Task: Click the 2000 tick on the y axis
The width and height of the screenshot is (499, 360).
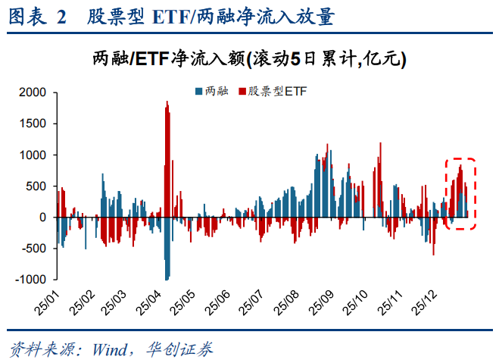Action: coord(33,92)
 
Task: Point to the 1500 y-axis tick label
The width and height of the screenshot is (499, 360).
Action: coord(33,124)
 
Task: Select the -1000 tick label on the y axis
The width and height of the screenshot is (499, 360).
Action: coord(32,280)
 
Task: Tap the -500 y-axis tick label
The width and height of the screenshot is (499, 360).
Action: coord(35,249)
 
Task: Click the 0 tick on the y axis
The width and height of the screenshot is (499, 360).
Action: coord(42,218)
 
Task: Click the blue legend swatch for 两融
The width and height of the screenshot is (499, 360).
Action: coord(198,92)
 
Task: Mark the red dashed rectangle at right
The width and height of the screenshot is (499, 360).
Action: coord(460,193)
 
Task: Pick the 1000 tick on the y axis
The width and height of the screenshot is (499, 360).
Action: coord(33,155)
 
